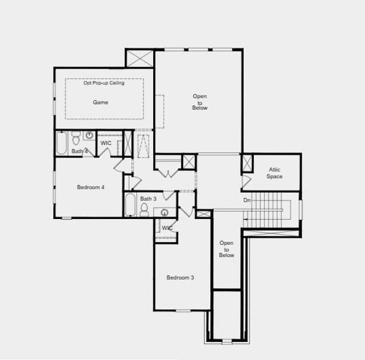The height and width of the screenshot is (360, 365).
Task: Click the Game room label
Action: coord(100,103)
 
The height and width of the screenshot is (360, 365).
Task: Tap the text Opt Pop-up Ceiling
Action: coord(104,83)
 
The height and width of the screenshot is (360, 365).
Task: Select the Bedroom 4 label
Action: coord(91,187)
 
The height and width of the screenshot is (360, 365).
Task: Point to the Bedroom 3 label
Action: coord(180,277)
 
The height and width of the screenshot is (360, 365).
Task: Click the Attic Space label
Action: coord(274,173)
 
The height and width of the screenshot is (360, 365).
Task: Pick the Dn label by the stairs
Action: coord(247,200)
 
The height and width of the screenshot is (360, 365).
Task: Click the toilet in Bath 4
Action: coord(76,140)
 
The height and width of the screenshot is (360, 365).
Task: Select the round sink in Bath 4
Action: coord(89,136)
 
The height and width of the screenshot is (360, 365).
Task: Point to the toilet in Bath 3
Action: coord(144,209)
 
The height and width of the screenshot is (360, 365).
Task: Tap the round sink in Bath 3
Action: coord(164,212)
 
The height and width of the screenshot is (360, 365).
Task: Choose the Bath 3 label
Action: coord(148,199)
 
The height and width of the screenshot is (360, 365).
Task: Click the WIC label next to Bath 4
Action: coord(106,143)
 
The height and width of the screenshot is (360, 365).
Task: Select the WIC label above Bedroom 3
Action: coord(167,228)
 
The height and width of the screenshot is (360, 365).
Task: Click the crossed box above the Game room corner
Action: coord(140,58)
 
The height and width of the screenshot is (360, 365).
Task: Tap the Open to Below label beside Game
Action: coord(200,102)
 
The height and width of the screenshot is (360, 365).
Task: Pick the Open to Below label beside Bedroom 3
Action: coord(226,249)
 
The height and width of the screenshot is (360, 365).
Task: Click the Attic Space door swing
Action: coord(246,181)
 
